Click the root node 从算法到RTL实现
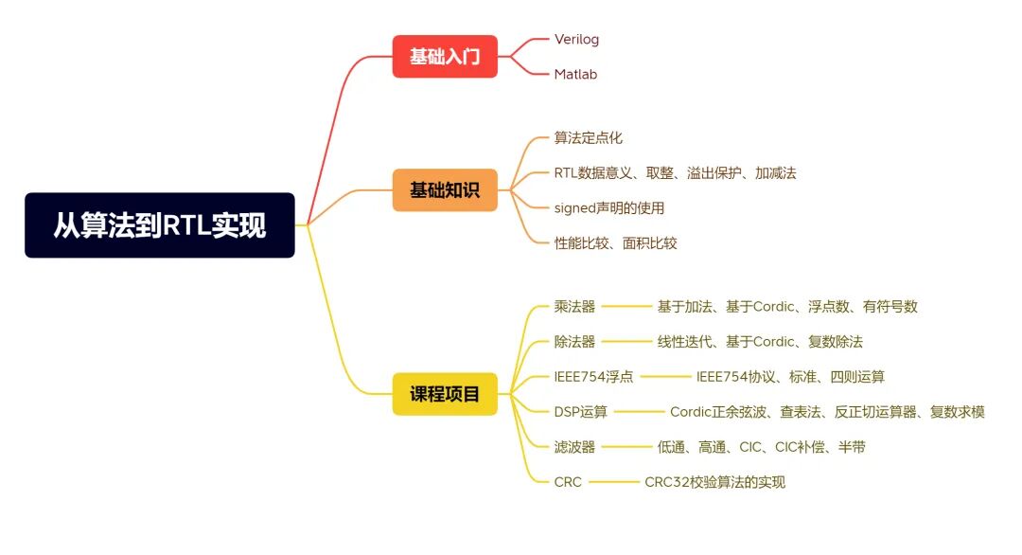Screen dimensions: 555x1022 159,225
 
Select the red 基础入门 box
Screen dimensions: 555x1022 445,57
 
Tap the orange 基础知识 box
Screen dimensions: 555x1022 445,190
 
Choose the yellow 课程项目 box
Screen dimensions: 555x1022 445,394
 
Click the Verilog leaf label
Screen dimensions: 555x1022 576,40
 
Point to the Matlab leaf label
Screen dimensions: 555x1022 575,74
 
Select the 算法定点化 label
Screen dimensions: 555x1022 588,138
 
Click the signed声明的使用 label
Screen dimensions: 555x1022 608,207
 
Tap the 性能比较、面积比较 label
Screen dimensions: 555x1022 615,242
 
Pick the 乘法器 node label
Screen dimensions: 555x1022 574,306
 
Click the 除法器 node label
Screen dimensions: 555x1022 574,341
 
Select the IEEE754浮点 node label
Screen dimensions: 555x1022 593,376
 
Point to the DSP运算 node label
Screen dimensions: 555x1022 581,411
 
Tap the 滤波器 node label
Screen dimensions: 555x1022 574,446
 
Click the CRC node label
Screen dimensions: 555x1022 568,481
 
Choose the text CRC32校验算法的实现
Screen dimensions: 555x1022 714,481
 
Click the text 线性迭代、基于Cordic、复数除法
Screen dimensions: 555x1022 760,341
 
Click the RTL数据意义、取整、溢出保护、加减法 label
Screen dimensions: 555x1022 675,172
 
